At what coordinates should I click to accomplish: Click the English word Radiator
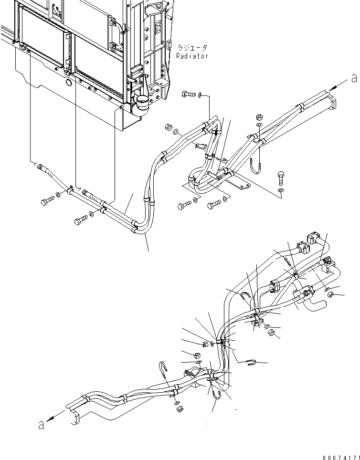[x=192, y=56]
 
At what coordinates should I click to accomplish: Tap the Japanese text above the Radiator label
[x=192, y=48]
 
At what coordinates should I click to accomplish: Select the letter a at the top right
[x=353, y=77]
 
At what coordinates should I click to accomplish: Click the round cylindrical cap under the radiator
[x=142, y=104]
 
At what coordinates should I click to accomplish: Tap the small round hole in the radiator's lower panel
[x=69, y=83]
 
